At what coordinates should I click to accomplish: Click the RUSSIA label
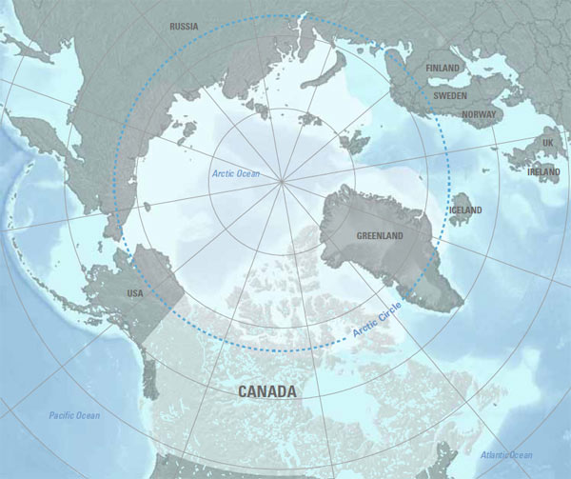pyautogui.click(x=184, y=27)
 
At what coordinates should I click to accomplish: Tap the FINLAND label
pyautogui.click(x=443, y=69)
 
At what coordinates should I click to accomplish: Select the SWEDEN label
pyautogui.click(x=449, y=96)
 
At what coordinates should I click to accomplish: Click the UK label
pyautogui.click(x=547, y=143)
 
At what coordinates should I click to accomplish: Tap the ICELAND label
pyautogui.click(x=465, y=210)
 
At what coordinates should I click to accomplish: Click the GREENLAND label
pyautogui.click(x=380, y=235)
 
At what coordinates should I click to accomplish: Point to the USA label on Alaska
pyautogui.click(x=134, y=293)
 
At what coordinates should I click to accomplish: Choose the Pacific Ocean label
pyautogui.click(x=73, y=415)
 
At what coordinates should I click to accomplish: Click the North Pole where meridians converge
pyautogui.click(x=281, y=178)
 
